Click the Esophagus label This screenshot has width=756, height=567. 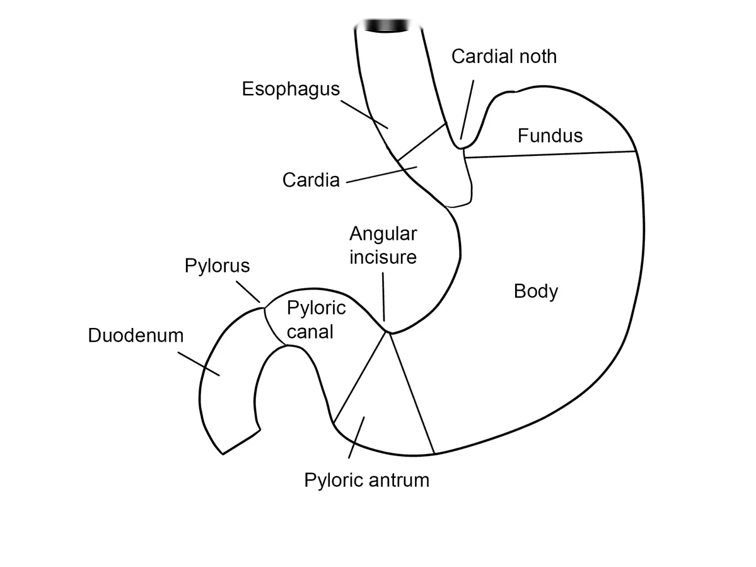click(291, 90)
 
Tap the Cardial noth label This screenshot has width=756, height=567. click(504, 56)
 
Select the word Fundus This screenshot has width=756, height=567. click(550, 136)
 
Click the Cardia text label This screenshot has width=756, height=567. click(311, 180)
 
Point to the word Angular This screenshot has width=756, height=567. click(383, 235)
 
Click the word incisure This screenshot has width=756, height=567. click(383, 257)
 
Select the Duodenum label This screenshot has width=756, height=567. click(136, 336)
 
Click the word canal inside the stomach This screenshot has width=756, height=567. click(310, 332)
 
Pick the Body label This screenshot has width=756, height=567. click(536, 292)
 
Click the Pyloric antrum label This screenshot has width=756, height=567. click(366, 480)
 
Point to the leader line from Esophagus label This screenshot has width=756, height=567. click(364, 114)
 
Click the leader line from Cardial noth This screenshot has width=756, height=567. click(467, 110)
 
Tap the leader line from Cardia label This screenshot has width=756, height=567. click(382, 175)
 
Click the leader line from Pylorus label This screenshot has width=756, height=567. click(248, 292)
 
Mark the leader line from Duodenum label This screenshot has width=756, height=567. click(199, 364)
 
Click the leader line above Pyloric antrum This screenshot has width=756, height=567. click(357, 437)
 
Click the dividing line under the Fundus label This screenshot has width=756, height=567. click(550, 155)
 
